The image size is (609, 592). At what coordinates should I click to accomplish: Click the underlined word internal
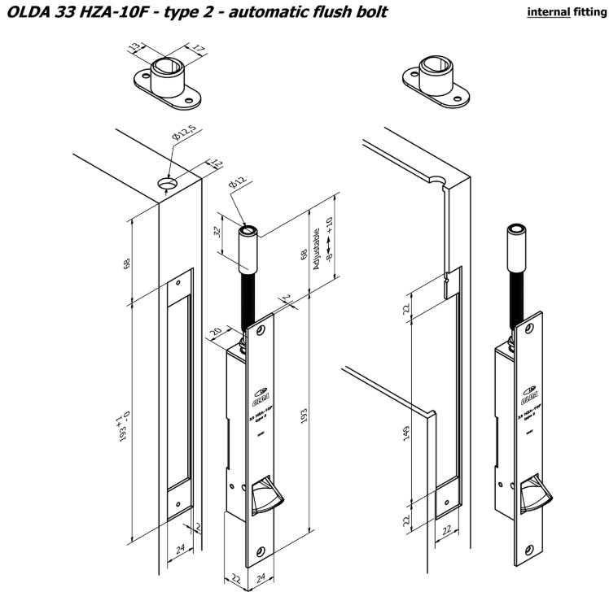point(545,12)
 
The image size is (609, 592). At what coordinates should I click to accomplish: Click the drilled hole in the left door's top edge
point(169,185)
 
